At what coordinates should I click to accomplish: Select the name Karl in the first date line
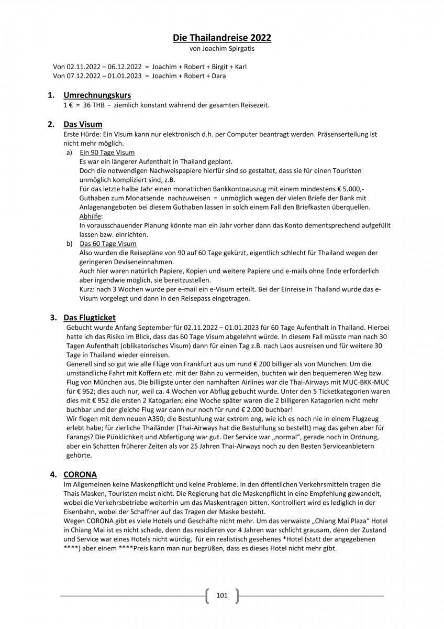[240, 67]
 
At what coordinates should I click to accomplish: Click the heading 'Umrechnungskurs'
[97, 95]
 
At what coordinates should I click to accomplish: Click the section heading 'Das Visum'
[83, 125]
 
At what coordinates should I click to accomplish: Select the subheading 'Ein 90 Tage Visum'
[107, 153]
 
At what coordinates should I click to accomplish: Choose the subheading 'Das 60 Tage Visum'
[108, 244]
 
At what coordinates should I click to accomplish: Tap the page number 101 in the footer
[221, 595]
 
